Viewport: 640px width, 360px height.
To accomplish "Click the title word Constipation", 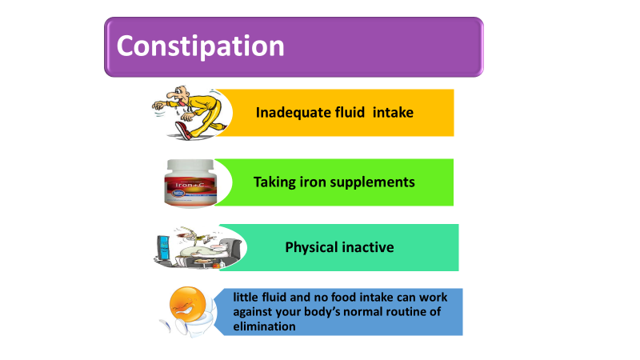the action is point(201,46).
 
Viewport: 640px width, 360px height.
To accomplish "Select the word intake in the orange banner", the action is point(393,112).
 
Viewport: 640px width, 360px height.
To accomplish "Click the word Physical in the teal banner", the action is point(311,247).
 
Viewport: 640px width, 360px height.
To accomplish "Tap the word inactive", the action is point(368,247).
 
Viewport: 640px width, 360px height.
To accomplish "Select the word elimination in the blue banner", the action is point(265,326).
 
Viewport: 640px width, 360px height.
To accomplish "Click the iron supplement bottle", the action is point(190,183).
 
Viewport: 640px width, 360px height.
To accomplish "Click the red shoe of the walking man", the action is point(183,130).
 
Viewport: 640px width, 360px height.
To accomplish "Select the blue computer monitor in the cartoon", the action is point(163,248).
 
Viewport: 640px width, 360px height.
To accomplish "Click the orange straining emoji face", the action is point(188,304).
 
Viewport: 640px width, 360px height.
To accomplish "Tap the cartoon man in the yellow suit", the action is point(190,113).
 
